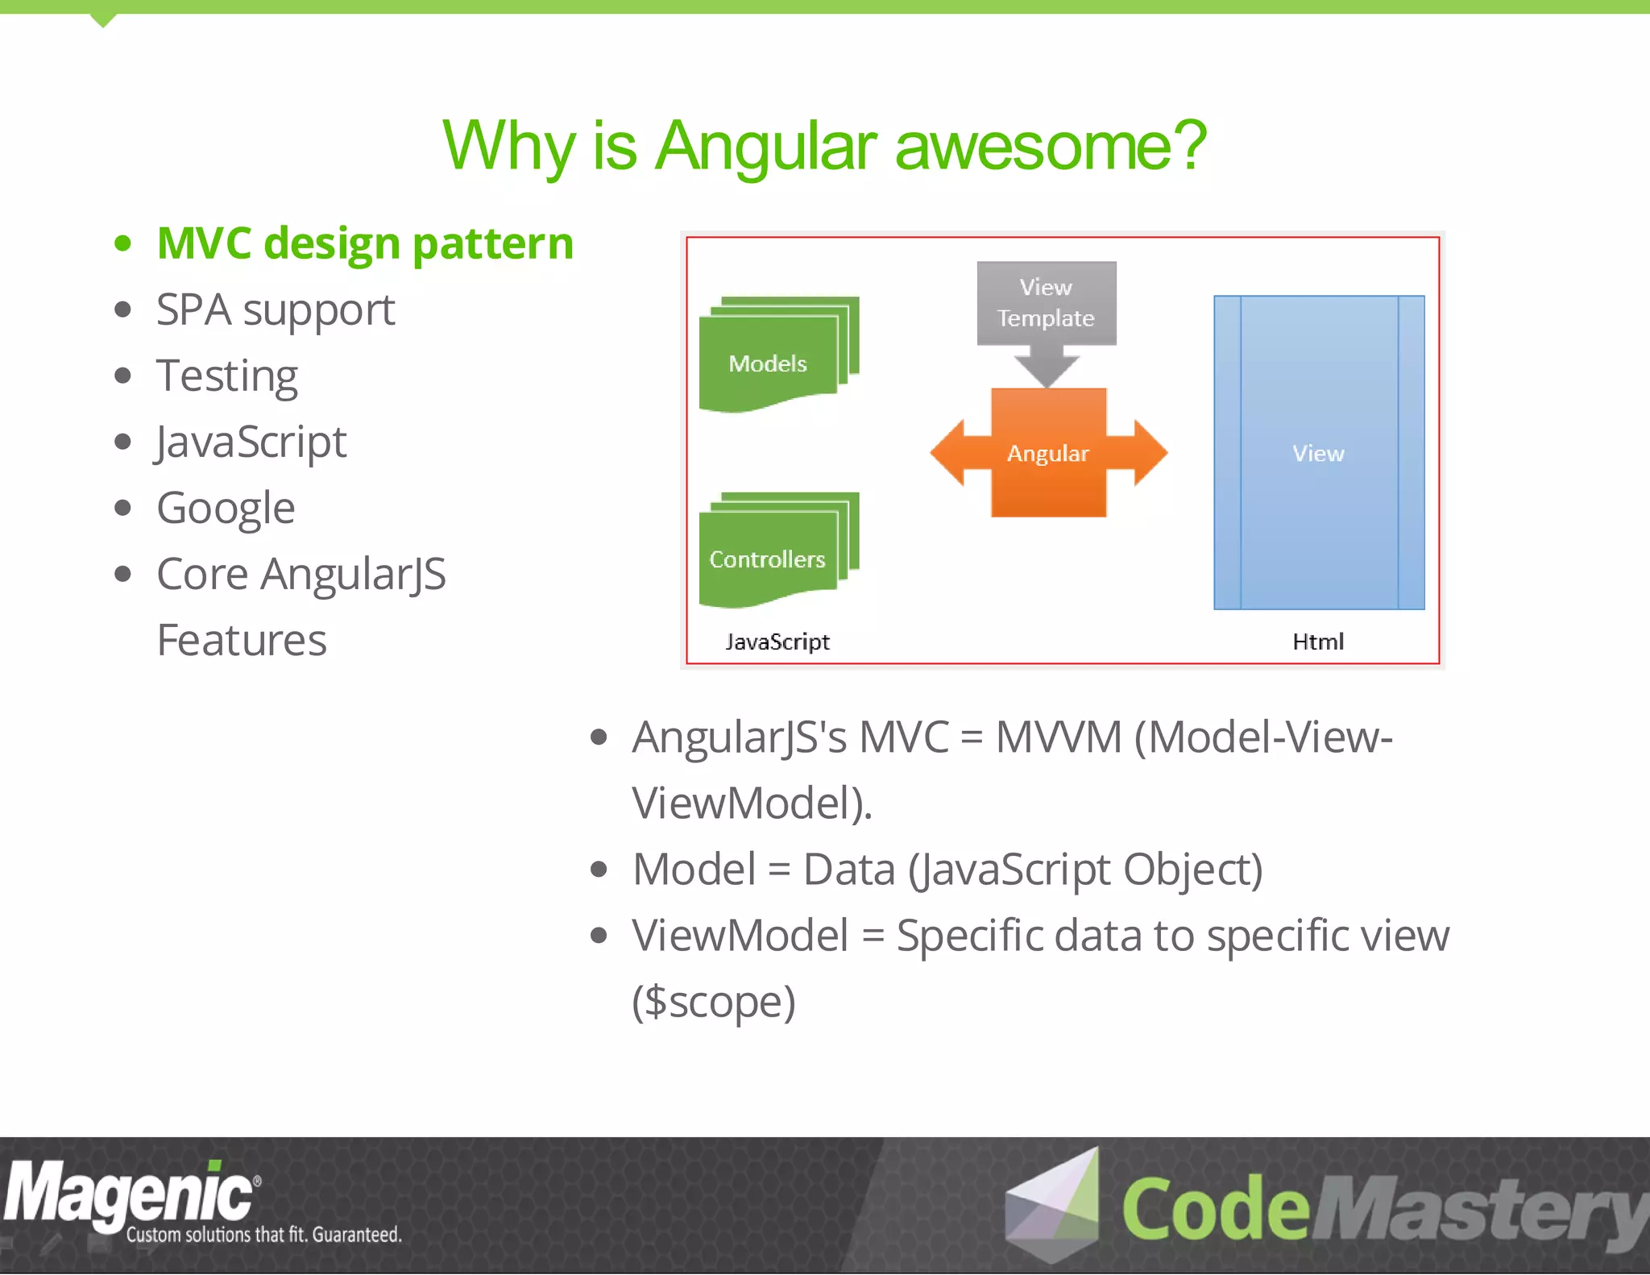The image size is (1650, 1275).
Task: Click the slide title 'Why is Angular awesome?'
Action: tap(824, 146)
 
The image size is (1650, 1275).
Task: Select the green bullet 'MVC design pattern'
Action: tap(364, 243)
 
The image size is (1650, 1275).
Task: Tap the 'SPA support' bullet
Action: tap(276, 310)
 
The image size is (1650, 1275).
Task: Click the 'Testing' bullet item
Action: tap(227, 376)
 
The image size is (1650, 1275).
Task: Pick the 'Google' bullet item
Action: tap(226, 509)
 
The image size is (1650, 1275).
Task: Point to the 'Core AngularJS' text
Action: tap(301, 575)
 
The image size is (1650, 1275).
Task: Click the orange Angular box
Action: tap(1047, 453)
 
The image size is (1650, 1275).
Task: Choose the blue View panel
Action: tap(1318, 453)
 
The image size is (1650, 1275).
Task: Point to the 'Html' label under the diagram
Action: tap(1318, 642)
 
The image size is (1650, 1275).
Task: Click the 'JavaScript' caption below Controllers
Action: tap(777, 642)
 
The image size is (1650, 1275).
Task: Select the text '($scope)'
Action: tap(714, 1002)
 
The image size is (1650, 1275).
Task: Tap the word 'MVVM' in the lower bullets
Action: tap(1059, 737)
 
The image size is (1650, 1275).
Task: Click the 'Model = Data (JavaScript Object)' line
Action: tap(947, 870)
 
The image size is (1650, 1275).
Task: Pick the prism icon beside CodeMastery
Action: tap(1054, 1204)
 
